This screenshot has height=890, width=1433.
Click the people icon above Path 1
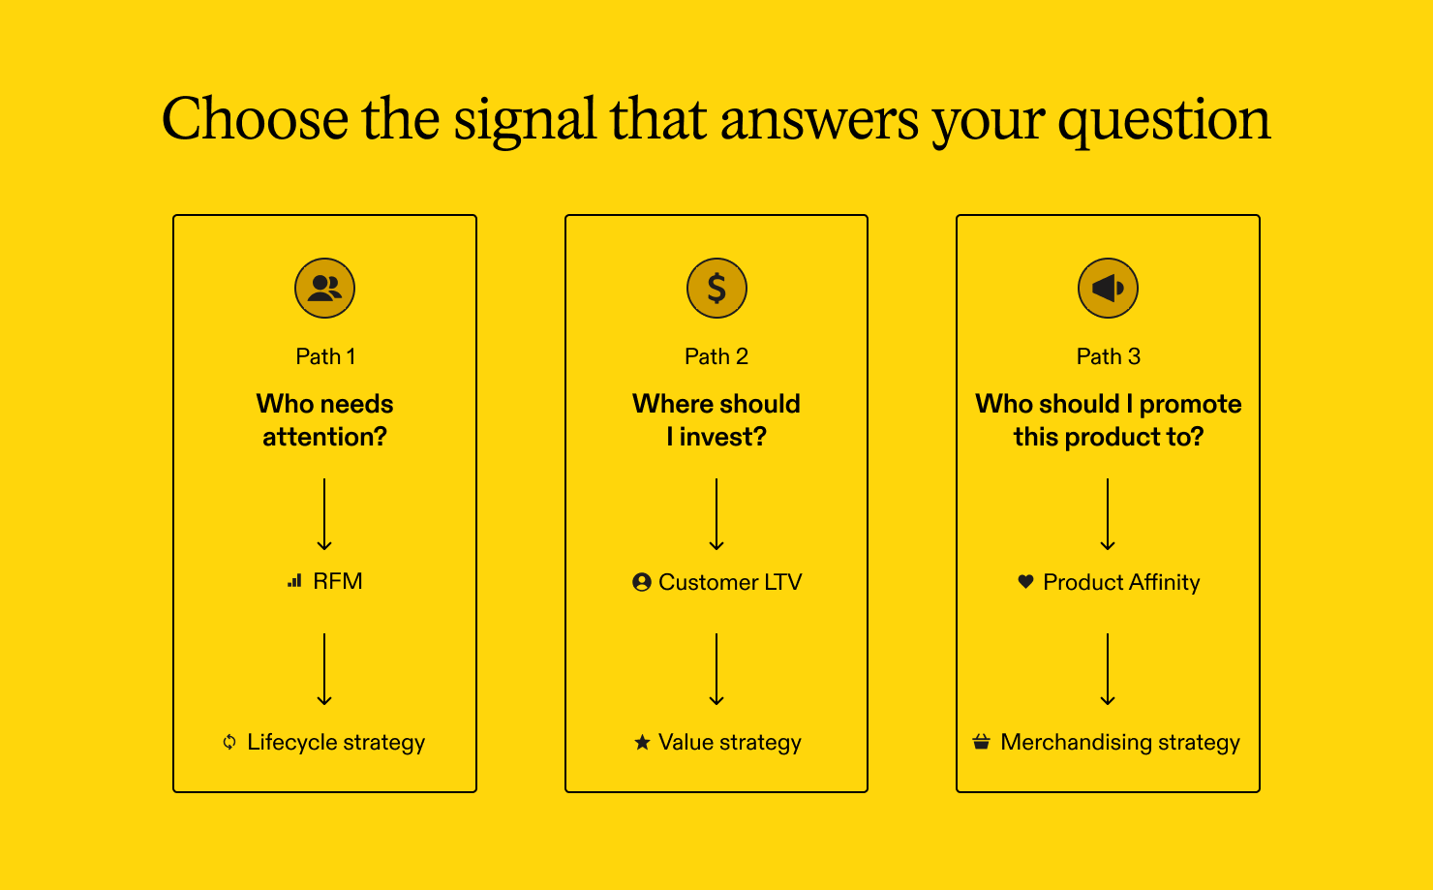click(324, 288)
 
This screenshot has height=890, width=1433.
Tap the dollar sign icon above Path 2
click(716, 288)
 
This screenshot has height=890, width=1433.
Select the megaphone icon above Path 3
click(1108, 288)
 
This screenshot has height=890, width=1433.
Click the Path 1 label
click(325, 356)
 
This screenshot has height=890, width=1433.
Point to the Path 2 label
click(716, 356)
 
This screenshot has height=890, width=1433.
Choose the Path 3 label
click(1109, 356)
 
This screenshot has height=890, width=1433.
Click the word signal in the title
click(525, 122)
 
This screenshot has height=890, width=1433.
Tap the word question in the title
click(1164, 122)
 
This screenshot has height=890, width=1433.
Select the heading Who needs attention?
click(325, 420)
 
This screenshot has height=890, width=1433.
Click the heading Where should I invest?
click(716, 420)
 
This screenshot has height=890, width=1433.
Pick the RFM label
click(337, 581)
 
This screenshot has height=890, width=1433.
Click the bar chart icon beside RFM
click(295, 581)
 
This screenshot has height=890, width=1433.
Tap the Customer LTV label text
click(730, 582)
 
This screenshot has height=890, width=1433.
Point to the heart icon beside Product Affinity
click(1025, 582)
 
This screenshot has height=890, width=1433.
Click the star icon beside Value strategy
click(642, 742)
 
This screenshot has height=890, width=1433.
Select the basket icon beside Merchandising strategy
click(982, 742)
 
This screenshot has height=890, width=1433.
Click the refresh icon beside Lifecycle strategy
click(229, 742)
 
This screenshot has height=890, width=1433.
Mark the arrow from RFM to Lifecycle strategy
click(324, 669)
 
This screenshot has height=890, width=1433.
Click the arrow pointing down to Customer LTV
click(716, 514)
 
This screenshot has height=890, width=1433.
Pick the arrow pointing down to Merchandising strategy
click(1108, 669)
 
